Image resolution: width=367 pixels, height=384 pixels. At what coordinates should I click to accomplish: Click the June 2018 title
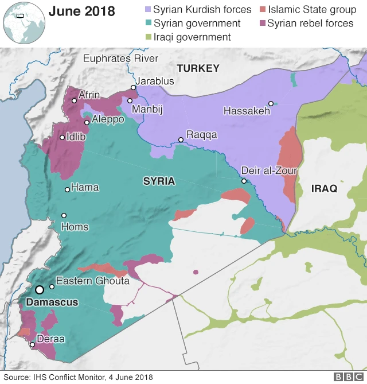tap(81, 11)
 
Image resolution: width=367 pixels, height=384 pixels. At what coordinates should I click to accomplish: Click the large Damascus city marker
tap(40, 290)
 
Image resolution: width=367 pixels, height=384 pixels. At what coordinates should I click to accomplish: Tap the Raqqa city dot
tap(181, 139)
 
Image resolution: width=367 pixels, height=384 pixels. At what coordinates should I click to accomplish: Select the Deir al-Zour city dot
tap(244, 181)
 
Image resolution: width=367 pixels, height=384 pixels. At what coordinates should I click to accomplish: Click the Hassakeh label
tap(247, 111)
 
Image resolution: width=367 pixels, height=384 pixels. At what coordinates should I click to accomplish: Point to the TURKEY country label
tap(198, 68)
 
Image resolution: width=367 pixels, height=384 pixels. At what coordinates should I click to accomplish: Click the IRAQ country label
tap(324, 188)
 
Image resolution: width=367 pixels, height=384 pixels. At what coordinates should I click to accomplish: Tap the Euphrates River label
tap(120, 58)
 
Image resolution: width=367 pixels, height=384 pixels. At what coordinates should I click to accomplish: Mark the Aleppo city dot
tap(87, 122)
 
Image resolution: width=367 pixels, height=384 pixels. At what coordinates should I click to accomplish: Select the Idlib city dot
tap(62, 137)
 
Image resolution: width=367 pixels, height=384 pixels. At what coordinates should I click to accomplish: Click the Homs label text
tap(75, 226)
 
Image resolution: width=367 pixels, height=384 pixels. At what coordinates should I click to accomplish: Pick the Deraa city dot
tap(33, 345)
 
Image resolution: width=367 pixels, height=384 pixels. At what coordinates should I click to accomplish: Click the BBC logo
tap(346, 377)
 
